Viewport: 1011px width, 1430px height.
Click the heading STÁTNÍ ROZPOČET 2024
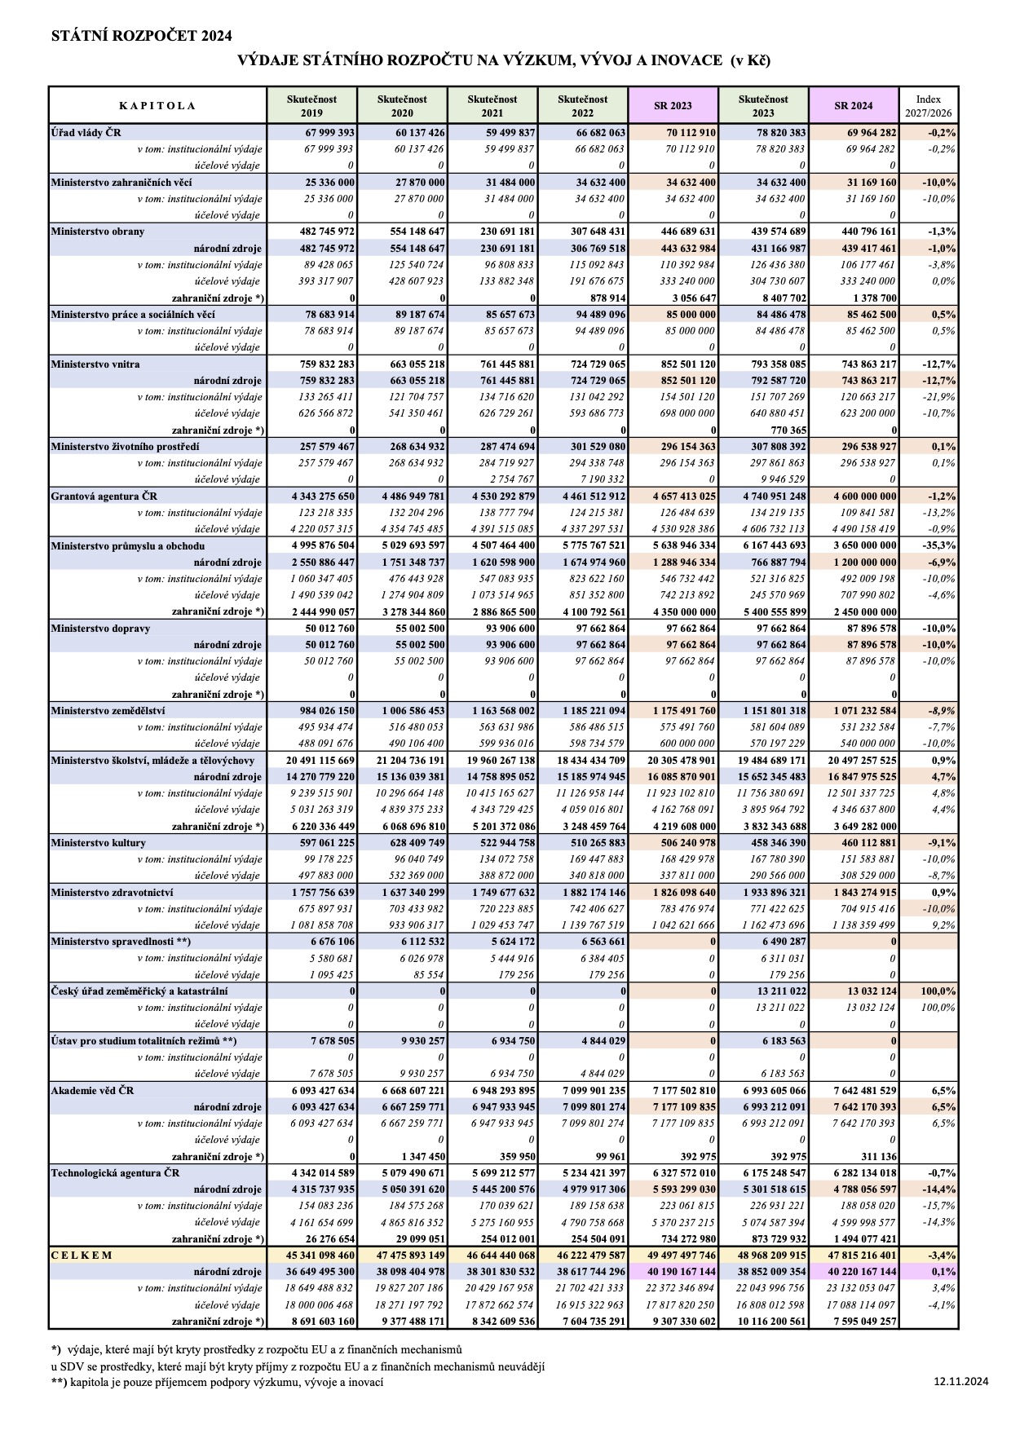click(141, 36)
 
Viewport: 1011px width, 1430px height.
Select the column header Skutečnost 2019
click(311, 106)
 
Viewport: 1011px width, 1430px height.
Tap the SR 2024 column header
click(854, 106)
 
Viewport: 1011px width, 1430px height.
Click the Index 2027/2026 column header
click(928, 106)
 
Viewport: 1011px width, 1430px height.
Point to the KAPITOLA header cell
click(157, 106)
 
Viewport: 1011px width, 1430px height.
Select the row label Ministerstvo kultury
click(99, 843)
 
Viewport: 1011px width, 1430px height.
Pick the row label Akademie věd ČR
click(92, 1091)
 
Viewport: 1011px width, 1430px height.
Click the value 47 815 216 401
click(853, 1256)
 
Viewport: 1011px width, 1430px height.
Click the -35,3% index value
click(941, 546)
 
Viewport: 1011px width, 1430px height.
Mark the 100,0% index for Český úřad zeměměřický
click(938, 991)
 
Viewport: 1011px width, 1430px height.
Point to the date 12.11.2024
click(961, 1381)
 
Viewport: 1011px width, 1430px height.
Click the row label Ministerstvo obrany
click(98, 232)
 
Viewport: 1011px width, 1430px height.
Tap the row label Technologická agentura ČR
click(115, 1173)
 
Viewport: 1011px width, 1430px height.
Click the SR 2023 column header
click(673, 106)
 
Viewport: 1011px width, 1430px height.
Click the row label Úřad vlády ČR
click(86, 132)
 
